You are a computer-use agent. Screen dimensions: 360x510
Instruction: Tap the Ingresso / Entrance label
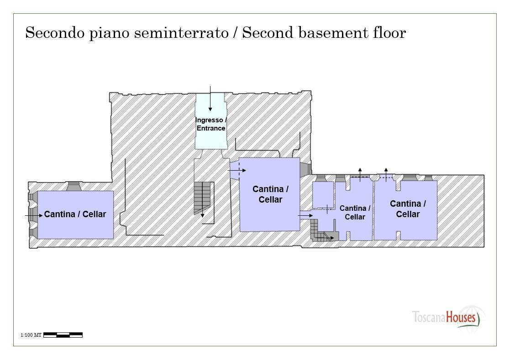pyautogui.click(x=211, y=124)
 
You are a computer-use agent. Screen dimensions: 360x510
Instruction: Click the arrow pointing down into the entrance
pyautogui.click(x=210, y=99)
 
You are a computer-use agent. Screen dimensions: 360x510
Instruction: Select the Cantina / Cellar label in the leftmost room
pyautogui.click(x=75, y=214)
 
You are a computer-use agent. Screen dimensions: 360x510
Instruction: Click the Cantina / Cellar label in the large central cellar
pyautogui.click(x=270, y=194)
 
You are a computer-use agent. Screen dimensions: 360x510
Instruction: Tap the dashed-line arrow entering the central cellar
pyautogui.click(x=237, y=171)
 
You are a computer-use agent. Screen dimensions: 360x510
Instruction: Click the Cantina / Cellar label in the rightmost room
pyautogui.click(x=408, y=209)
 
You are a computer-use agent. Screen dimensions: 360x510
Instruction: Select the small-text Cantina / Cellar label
pyautogui.click(x=355, y=213)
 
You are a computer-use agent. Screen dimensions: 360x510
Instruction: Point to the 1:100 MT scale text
pyautogui.click(x=31, y=335)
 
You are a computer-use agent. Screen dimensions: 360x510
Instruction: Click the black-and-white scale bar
pyautogui.click(x=63, y=335)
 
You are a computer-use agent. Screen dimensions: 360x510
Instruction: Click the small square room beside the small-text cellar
pyautogui.click(x=323, y=194)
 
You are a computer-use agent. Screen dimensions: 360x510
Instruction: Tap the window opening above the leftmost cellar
pyautogui.click(x=74, y=186)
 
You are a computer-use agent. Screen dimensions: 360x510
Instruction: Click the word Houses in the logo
pyautogui.click(x=461, y=317)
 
